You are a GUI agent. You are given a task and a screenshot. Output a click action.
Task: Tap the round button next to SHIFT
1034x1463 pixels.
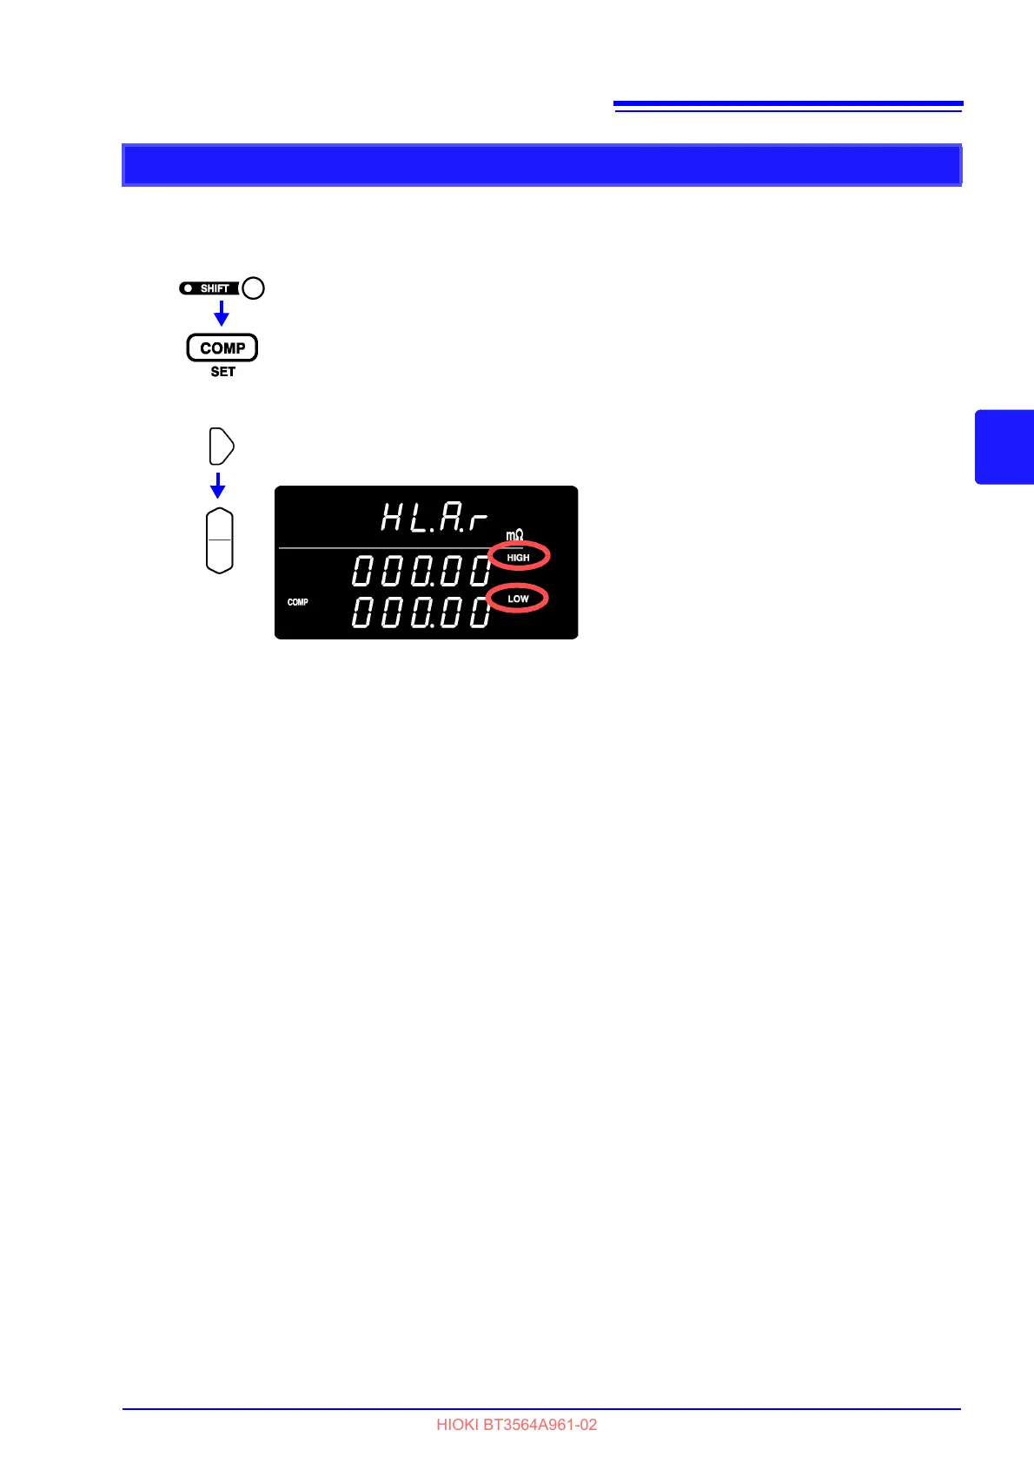253,288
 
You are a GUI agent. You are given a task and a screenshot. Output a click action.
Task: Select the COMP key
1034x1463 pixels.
222,348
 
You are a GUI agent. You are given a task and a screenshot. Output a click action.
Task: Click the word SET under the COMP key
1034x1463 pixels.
222,372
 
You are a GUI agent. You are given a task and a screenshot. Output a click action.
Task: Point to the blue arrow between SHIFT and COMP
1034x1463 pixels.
222,313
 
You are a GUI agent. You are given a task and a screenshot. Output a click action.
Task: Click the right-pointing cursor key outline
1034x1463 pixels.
222,447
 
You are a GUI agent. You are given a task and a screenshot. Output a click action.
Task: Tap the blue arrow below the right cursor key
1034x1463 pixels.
218,485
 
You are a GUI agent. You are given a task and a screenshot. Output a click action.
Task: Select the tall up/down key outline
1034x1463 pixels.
220,540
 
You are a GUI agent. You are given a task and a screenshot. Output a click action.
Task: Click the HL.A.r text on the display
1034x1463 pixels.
434,518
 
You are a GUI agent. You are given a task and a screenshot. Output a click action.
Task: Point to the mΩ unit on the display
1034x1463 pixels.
514,535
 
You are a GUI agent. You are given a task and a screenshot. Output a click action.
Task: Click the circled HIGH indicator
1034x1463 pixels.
519,557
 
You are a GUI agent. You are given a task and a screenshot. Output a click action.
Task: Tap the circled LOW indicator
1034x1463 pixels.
518,599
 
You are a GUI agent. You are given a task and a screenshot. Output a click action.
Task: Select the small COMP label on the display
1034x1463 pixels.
298,602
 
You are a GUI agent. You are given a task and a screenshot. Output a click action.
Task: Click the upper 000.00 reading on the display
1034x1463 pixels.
421,572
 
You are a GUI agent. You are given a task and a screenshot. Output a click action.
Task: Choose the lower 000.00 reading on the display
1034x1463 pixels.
421,612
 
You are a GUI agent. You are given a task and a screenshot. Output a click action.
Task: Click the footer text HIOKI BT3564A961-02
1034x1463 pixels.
516,1425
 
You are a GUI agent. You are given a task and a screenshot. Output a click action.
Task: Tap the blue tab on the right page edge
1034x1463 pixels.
1004,447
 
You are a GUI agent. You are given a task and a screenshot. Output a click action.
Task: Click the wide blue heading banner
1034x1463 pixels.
541,165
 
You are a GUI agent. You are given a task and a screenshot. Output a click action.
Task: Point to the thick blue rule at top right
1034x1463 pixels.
788,103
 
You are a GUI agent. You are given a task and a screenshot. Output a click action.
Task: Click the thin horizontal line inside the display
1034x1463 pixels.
382,548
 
